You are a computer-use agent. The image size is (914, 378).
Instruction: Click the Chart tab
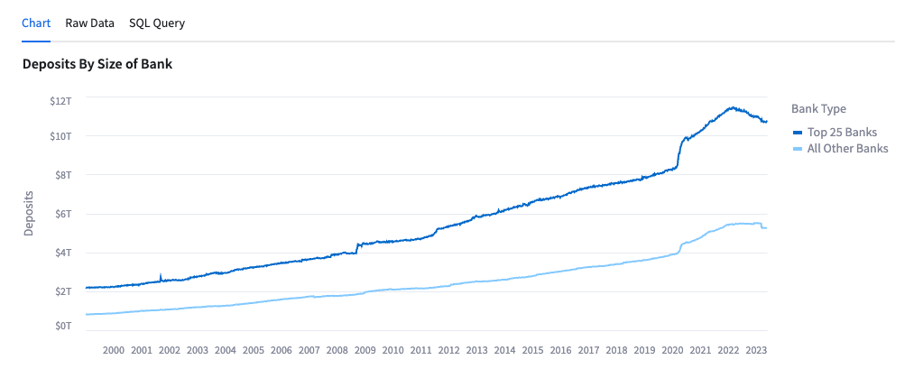[36, 23]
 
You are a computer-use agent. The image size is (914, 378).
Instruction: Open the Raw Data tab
[89, 23]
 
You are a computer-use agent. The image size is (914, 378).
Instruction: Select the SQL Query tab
[157, 23]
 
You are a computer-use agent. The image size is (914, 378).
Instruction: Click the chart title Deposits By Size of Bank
[97, 64]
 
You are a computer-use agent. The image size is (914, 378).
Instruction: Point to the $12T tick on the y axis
[60, 100]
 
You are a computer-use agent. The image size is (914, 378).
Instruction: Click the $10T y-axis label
[60, 136]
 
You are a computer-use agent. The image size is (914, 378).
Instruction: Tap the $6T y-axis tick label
[63, 214]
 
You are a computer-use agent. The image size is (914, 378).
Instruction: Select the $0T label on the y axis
[63, 326]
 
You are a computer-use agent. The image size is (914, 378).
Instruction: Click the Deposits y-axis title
[28, 213]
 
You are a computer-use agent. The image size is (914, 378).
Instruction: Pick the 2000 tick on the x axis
[114, 350]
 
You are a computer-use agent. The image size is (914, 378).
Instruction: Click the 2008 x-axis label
[337, 350]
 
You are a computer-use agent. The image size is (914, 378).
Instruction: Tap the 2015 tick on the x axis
[532, 350]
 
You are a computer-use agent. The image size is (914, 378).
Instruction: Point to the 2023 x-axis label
[756, 350]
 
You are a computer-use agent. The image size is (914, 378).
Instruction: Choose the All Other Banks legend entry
[847, 148]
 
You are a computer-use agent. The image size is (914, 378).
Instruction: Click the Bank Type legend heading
[818, 108]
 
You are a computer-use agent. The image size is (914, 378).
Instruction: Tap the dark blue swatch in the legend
[798, 133]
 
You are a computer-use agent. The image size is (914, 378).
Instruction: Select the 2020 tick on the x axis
[672, 350]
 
